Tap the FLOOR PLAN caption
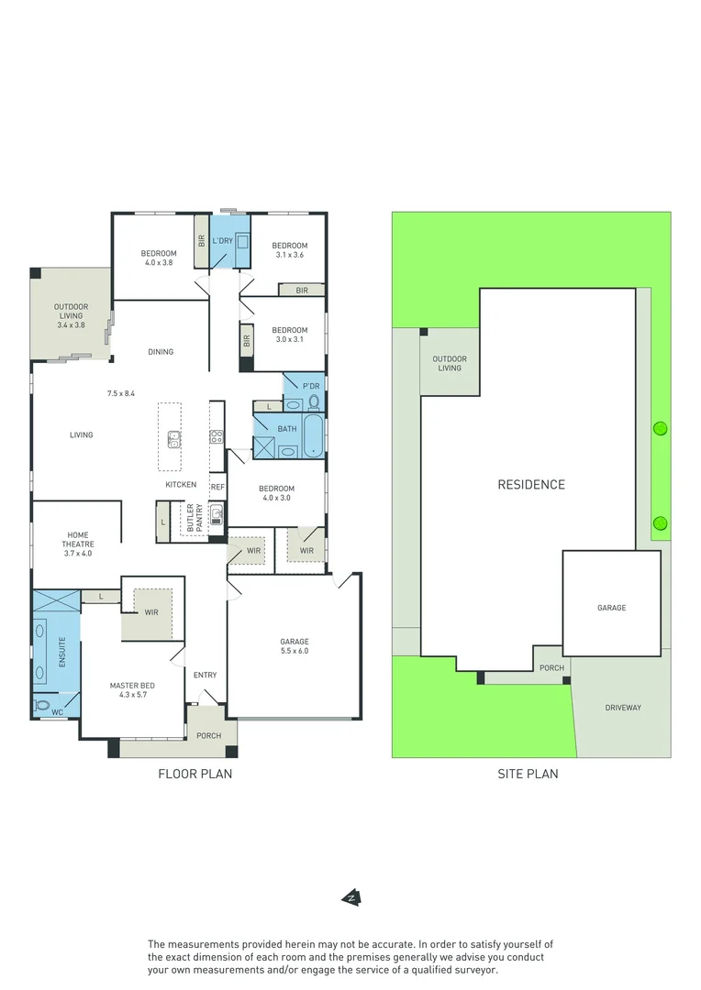195,774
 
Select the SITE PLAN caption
528,774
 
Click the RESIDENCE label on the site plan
531,484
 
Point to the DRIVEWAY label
623,708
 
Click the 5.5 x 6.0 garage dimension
295,651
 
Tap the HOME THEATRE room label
78,544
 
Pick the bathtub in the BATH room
313,435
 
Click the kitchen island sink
173,439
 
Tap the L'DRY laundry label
223,241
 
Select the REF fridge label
217,487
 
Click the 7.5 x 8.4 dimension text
121,393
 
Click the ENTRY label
205,676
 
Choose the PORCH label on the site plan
551,668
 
